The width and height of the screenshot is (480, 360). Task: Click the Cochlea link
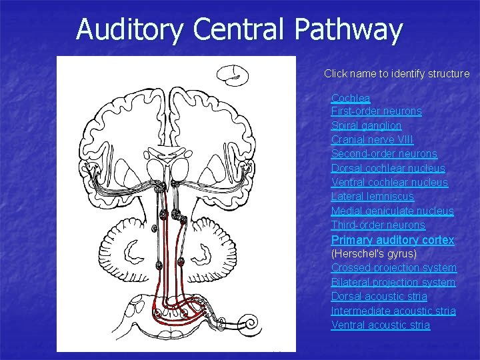(351, 98)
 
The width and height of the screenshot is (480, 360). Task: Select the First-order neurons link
(377, 111)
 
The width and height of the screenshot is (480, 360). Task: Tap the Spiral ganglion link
(366, 125)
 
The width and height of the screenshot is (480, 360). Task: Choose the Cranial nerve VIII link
(372, 139)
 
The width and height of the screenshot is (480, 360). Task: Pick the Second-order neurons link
(384, 154)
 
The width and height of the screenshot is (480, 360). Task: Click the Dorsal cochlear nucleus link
(388, 168)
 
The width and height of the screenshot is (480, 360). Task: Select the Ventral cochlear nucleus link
(389, 182)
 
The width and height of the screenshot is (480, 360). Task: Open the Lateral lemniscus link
(372, 197)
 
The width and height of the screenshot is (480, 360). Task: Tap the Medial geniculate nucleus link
(392, 211)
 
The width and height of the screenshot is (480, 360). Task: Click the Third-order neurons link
(378, 225)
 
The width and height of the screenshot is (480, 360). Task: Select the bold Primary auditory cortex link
(393, 239)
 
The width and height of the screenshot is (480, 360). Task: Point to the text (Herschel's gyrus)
(373, 253)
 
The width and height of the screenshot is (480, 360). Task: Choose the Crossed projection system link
(394, 267)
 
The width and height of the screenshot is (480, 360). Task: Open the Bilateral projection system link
(393, 282)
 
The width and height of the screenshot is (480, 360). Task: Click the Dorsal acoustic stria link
(379, 296)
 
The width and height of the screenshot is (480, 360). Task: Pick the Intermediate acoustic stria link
(393, 311)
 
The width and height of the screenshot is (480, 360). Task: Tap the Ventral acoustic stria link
(380, 325)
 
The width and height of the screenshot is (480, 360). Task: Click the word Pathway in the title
(347, 29)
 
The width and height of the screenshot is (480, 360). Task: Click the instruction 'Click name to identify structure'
(397, 74)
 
